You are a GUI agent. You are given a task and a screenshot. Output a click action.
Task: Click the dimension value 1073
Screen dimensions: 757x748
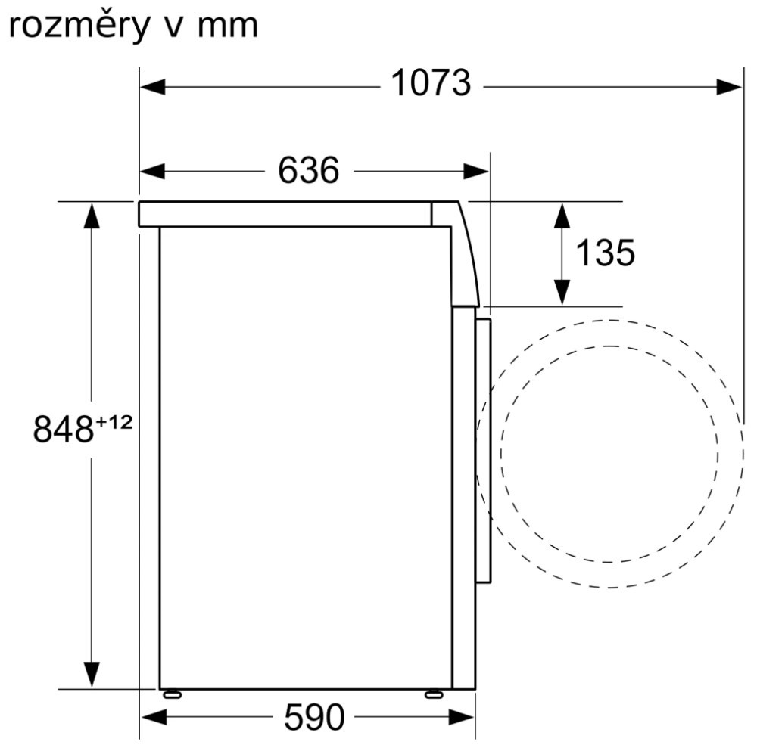(x=431, y=83)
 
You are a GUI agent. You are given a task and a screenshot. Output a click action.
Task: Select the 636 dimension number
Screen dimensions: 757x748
(x=309, y=170)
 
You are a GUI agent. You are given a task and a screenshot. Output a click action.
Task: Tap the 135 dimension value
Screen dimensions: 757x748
(x=606, y=253)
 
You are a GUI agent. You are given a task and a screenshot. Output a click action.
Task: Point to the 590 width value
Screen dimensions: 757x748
(x=314, y=718)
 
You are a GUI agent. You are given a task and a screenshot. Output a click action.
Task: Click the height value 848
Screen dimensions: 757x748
(x=64, y=430)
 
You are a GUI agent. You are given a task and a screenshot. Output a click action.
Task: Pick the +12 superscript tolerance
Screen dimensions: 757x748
(x=114, y=423)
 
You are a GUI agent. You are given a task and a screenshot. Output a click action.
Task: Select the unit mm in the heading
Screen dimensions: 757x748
(x=228, y=27)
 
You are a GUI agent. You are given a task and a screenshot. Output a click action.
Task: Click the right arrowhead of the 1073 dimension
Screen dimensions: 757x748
(x=729, y=87)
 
